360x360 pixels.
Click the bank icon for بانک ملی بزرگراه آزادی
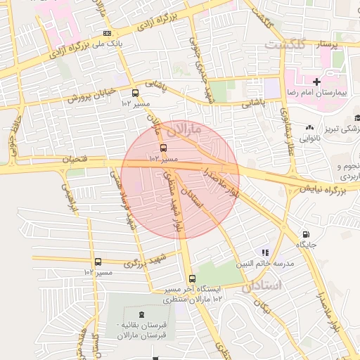[106, 33]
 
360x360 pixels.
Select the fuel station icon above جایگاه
[305, 235]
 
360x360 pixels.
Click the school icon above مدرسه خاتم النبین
[264, 252]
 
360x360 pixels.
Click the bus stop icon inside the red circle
[163, 148]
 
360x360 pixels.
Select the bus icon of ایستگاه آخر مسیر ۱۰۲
[189, 278]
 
